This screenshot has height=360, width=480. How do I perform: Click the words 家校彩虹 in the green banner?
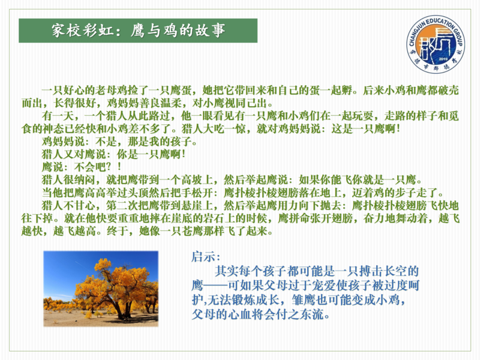tap(82, 31)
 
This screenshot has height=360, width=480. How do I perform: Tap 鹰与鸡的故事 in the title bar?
tap(178, 31)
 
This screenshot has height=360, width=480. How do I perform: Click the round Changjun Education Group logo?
tap(436, 44)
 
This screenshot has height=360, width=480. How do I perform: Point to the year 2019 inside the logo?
tap(443, 59)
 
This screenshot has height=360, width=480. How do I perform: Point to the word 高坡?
tap(192, 180)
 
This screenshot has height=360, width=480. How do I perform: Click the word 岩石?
tap(203, 218)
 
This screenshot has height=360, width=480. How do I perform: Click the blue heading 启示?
tap(203, 257)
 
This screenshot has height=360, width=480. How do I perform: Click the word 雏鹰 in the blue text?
tap(304, 300)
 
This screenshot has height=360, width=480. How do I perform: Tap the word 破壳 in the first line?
tap(448, 91)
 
